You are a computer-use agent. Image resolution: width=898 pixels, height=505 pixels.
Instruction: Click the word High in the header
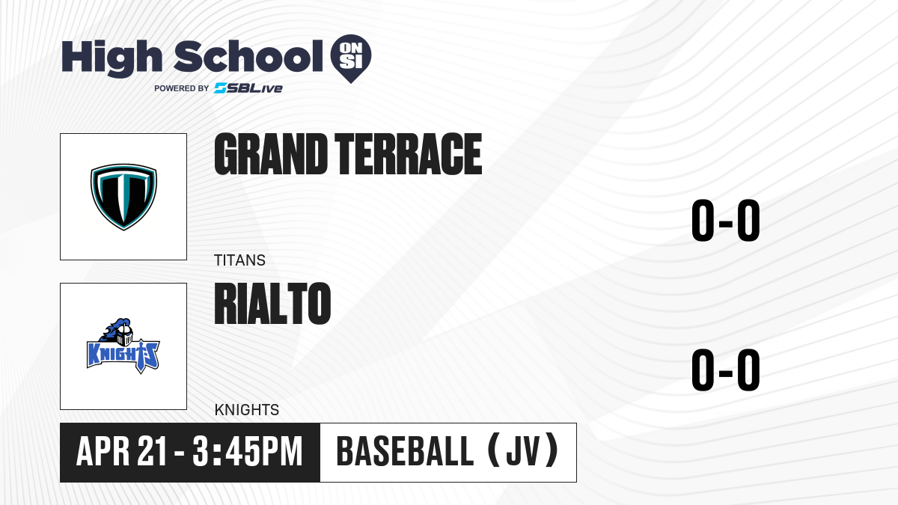[112, 58]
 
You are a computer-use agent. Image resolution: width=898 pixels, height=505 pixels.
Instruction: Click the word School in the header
[248, 56]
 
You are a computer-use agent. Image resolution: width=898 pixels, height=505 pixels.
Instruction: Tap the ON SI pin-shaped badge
[351, 58]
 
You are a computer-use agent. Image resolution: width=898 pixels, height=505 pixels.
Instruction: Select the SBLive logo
[248, 88]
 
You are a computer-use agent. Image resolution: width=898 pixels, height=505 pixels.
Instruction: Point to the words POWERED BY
[182, 88]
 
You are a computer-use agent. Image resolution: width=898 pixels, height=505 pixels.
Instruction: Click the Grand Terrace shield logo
[123, 197]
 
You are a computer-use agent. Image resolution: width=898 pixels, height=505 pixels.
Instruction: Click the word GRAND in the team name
[271, 154]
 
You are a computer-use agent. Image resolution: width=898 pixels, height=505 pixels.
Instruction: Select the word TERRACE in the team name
[408, 154]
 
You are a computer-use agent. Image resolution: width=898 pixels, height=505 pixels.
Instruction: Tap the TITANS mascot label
[239, 260]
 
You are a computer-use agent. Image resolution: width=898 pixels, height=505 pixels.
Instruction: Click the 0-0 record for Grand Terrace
[726, 221]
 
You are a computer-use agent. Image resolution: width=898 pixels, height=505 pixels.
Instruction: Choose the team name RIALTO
[272, 304]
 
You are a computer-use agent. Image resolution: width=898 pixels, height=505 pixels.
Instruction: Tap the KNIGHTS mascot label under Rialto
[246, 410]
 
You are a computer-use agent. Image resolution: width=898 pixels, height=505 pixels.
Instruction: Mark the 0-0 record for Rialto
[726, 370]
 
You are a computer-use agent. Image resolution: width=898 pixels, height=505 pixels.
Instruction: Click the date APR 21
[121, 452]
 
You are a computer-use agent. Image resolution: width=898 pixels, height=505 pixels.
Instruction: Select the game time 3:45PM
[248, 452]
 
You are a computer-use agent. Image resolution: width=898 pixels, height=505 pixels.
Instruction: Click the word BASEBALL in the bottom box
[406, 452]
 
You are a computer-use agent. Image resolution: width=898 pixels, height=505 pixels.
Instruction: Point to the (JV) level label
[523, 450]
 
